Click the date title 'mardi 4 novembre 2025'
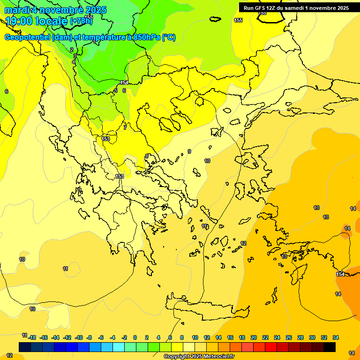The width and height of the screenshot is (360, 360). (x=55, y=10)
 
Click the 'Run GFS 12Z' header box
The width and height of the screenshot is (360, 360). (x=296, y=7)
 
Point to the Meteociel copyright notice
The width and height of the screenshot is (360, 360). (x=199, y=357)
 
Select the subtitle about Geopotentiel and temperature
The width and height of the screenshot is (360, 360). (x=90, y=37)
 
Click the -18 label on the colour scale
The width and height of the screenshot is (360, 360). (x=32, y=337)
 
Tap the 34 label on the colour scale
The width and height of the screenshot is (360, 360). (x=336, y=337)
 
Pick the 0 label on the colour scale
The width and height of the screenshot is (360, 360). (x=135, y=337)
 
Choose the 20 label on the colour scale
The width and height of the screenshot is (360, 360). (x=254, y=337)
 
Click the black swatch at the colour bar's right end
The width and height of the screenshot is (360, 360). (x=330, y=347)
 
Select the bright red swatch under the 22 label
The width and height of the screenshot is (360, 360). (x=271, y=347)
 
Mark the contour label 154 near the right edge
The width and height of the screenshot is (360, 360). (x=340, y=274)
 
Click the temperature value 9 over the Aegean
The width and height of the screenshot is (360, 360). (x=189, y=151)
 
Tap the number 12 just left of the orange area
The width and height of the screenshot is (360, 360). (x=243, y=243)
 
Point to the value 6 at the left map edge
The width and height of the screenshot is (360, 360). (x=7, y=91)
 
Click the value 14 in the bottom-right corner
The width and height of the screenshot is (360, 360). (x=352, y=352)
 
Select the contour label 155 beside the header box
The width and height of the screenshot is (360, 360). (x=238, y=20)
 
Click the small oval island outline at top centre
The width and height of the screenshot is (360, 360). (x=215, y=19)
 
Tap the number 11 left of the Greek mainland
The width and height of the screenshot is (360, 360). (x=65, y=269)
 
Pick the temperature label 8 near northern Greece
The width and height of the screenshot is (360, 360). (x=146, y=156)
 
